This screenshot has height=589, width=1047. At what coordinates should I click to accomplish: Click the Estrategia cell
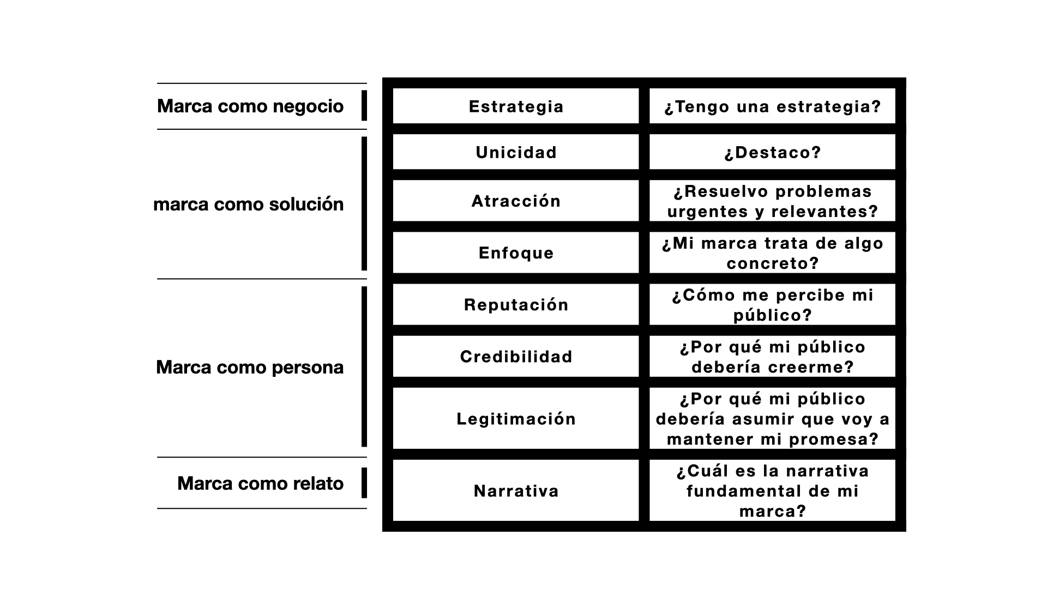[x=516, y=106]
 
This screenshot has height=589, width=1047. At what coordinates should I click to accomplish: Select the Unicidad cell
[x=516, y=152]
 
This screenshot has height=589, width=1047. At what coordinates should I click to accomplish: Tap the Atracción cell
[x=516, y=201]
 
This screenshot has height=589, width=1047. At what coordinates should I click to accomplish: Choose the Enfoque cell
[x=516, y=253]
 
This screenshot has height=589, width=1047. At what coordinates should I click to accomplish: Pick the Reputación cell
[x=516, y=304]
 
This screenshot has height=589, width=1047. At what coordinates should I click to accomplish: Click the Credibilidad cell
[x=516, y=356]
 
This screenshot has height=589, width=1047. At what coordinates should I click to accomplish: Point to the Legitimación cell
[x=516, y=418]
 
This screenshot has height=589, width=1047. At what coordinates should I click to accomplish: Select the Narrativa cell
[x=516, y=490]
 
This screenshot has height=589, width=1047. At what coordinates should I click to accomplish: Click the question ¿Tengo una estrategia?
[x=773, y=106]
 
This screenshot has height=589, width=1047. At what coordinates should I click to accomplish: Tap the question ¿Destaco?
[x=773, y=152]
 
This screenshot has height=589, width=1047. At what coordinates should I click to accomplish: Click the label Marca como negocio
[x=250, y=106]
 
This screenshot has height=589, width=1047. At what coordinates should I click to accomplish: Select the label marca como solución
[x=249, y=204]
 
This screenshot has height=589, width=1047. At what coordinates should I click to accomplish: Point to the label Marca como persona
[x=250, y=367]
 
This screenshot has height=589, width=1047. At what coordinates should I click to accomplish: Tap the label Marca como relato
[x=261, y=483]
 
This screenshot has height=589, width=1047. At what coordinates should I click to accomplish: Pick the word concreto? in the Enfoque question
[x=773, y=263]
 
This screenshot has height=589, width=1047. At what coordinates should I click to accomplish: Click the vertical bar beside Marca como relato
[x=364, y=483]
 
